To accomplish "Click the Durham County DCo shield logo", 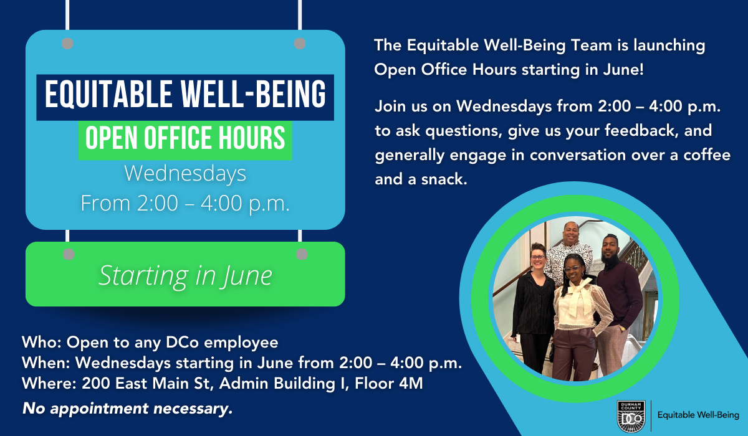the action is point(631,417).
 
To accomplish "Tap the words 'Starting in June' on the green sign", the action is point(185,276).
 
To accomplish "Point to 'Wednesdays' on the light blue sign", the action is point(185,174).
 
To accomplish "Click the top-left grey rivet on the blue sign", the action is point(67,44).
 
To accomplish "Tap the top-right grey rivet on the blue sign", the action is point(300,44).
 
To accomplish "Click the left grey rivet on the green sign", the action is point(69,254).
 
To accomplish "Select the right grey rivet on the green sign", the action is point(302,254).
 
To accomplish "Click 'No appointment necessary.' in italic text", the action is point(127,409).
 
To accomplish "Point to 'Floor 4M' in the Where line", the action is point(389,383).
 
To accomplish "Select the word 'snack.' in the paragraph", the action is point(444,179).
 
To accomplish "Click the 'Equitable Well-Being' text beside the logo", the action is point(698,415).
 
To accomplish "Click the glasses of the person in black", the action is point(537,257).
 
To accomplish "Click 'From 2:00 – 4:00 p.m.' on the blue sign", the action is point(185,204).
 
